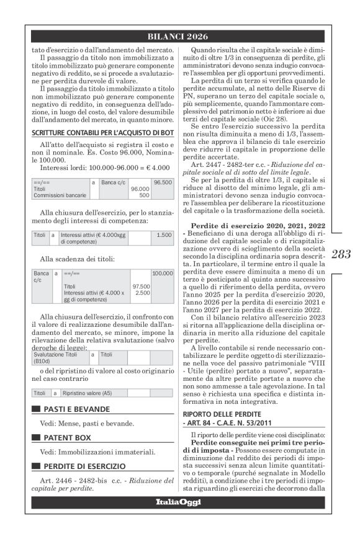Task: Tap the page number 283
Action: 341,253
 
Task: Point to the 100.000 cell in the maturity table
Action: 163,273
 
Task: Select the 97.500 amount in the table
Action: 142,286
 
